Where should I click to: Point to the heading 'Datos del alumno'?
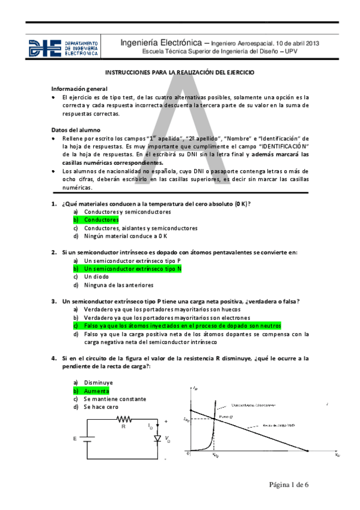tap(76, 130)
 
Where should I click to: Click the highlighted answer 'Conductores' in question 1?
tap(102, 220)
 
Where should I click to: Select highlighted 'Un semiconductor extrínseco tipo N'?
tap(133, 269)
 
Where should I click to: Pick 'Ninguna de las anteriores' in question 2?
tap(119, 285)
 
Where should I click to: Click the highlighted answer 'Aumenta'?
tap(97, 390)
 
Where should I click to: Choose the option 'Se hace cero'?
tap(101, 407)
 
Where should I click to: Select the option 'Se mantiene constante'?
tap(115, 399)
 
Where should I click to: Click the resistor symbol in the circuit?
tap(124, 419)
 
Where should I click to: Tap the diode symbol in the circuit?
tap(157, 439)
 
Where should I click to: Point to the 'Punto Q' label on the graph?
tap(225, 416)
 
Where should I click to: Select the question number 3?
tap(53, 301)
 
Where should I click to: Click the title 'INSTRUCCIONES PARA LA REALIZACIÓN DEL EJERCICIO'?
tap(180, 72)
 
